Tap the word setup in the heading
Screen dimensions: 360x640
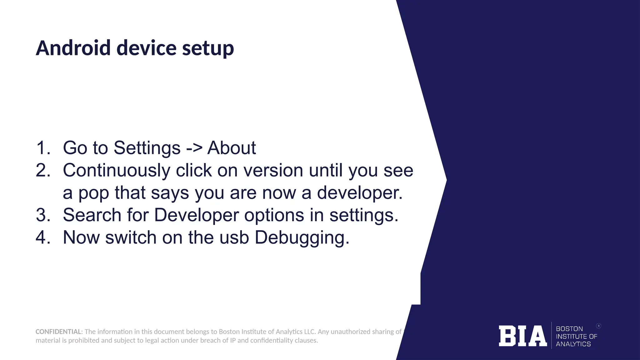[x=208, y=49]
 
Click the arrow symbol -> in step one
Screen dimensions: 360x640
[x=194, y=148]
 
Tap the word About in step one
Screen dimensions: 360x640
[x=232, y=148]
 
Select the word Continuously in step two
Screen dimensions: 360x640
[x=117, y=171]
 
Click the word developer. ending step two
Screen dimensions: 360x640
[x=360, y=193]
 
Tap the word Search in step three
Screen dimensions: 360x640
[x=92, y=215]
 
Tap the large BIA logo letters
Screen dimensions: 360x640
[x=522, y=336]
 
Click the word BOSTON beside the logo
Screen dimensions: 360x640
[x=569, y=329]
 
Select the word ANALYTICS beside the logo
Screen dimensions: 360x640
[x=573, y=344]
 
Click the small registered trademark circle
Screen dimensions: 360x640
[x=599, y=326]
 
